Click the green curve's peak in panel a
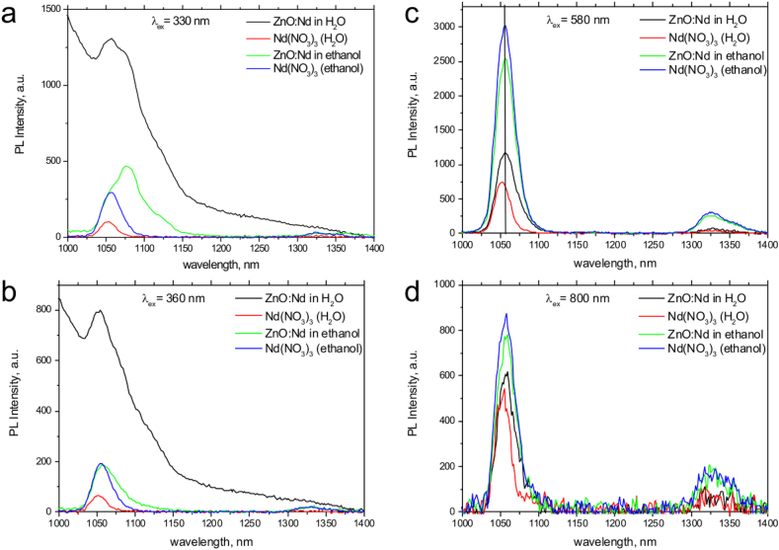[x=126, y=167]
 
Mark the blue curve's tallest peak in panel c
[x=506, y=26]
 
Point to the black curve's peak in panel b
[x=98, y=311]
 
